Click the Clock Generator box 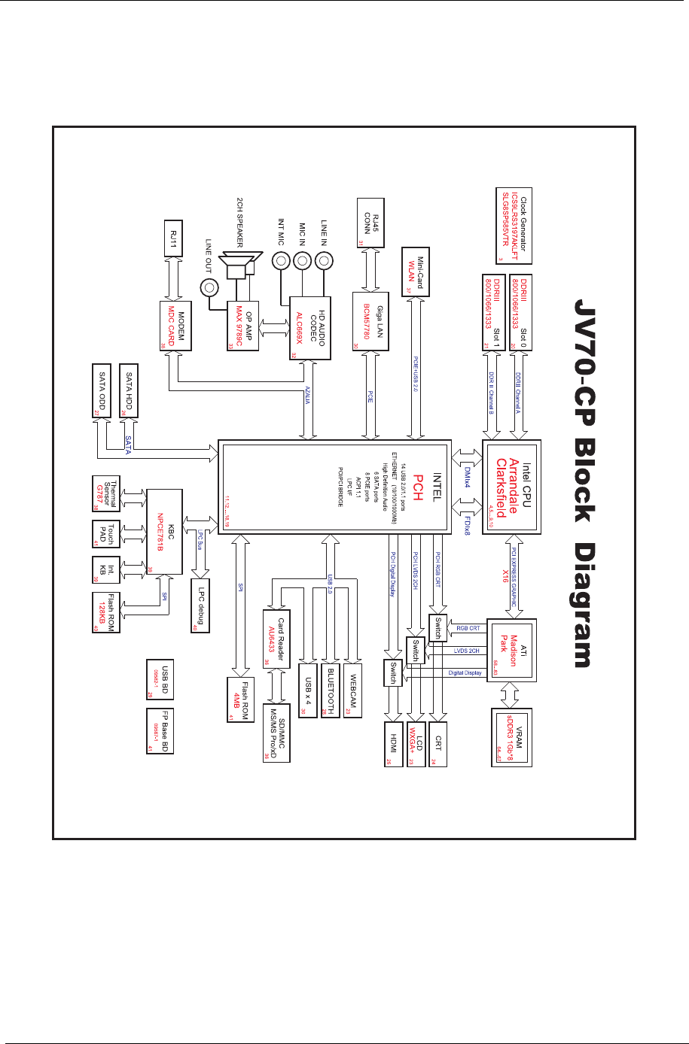click(x=512, y=225)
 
